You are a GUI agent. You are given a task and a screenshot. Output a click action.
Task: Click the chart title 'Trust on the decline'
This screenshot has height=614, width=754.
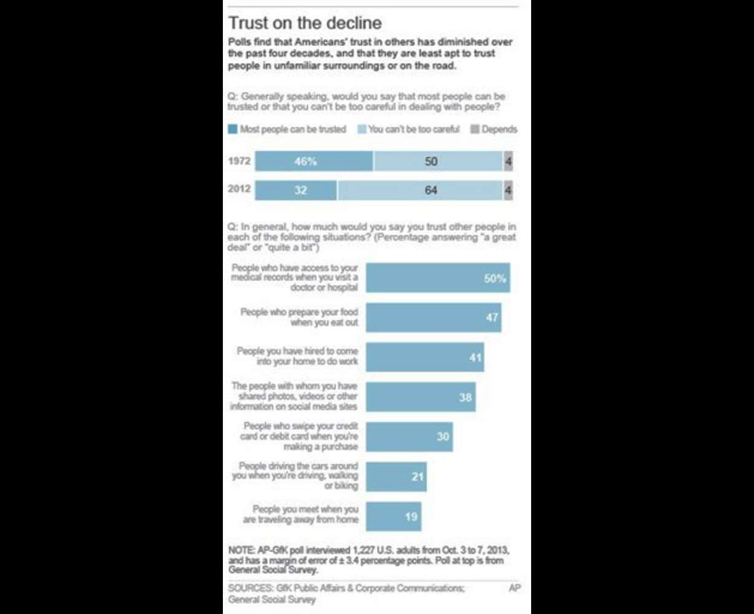coord(305,23)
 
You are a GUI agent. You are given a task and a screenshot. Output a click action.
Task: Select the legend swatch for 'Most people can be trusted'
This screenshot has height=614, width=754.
coord(233,130)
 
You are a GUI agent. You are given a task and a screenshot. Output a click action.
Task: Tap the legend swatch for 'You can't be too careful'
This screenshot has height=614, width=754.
coord(362,130)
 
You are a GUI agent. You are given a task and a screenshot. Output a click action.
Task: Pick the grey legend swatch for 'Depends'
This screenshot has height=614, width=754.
coord(475,130)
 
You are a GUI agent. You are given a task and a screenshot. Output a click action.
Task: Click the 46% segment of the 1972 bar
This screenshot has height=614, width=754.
coord(314,161)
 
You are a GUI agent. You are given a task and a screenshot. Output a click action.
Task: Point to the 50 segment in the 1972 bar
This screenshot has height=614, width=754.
coord(438,161)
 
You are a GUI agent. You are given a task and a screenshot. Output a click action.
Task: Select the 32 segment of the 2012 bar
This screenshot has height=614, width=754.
coord(296,190)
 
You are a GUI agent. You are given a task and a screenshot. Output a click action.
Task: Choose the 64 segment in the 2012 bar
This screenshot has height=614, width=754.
coord(420,190)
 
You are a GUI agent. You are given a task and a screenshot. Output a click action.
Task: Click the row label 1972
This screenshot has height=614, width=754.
coord(238,161)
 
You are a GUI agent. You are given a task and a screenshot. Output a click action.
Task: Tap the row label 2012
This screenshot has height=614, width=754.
coord(238,189)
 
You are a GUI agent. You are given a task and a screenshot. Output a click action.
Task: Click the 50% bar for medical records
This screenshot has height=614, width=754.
coord(438,278)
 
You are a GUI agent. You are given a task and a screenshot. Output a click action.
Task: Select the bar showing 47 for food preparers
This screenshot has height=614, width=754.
coord(433,317)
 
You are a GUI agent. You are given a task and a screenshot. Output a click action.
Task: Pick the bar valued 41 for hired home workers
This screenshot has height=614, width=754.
coord(425,357)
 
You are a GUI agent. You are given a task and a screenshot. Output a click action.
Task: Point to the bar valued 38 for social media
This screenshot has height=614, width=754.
coord(421,397)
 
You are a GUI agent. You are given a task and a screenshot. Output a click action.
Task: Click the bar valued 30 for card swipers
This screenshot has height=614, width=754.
coord(410,437)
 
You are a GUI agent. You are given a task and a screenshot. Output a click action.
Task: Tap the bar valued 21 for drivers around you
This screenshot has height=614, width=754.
coord(396,476)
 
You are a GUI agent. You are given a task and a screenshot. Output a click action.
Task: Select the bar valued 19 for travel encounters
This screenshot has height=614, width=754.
coord(394,516)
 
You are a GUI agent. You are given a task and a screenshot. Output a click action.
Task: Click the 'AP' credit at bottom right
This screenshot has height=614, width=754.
coord(515,588)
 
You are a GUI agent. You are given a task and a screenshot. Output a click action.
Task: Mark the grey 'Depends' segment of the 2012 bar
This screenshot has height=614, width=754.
coord(508,190)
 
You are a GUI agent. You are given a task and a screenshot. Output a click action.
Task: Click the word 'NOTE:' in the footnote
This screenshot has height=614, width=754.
coord(241,548)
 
